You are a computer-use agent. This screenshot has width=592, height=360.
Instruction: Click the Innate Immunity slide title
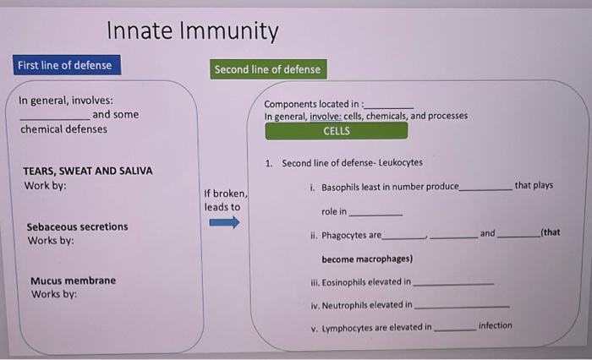pos(192,32)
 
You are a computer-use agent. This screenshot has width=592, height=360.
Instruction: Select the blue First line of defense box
pos(64,65)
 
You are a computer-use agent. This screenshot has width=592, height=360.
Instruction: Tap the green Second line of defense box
pos(267,69)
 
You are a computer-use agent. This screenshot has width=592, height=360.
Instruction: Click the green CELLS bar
pos(336,131)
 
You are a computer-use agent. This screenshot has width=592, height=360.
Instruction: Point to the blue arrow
pos(224,223)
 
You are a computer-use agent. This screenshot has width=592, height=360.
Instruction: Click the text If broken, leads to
pos(223,200)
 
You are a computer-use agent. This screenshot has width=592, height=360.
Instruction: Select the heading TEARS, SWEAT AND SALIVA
pos(88,171)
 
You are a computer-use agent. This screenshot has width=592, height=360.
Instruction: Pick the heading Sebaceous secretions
pos(77,226)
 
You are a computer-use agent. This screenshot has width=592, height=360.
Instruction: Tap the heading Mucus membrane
pos(73,281)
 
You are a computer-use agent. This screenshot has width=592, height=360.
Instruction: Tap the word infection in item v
pos(495,325)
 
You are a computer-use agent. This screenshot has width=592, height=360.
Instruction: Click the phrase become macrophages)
pos(366,259)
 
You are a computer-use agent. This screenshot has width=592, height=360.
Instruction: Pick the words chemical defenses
pos(63,129)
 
